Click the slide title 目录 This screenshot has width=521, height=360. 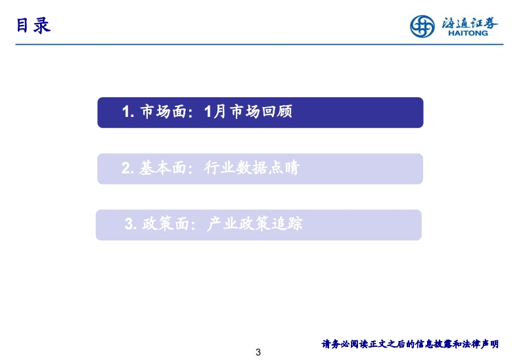(34, 26)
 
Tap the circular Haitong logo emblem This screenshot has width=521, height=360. (422, 26)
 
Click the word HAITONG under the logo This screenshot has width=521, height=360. (468, 33)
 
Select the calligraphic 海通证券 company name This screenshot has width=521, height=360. (470, 23)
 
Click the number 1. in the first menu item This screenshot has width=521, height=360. (128, 112)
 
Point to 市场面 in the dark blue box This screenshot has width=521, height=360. (163, 112)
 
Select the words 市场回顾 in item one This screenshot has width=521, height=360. (261, 112)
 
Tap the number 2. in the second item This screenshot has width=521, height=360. (127, 168)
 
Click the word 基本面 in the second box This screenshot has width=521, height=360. (162, 168)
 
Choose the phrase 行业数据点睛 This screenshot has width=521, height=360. (252, 168)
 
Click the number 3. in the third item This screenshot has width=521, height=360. (131, 224)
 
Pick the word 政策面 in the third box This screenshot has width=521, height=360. (165, 223)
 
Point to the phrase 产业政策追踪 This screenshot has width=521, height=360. (254, 223)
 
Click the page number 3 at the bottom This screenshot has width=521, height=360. (258, 352)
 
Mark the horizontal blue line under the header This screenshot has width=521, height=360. (260, 44)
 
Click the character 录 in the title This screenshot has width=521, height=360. (42, 26)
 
